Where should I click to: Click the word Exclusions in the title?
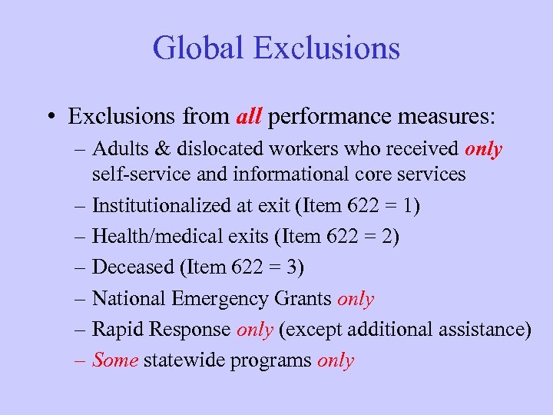tap(326, 48)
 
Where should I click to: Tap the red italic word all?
tap(249, 117)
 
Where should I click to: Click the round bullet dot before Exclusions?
tap(48, 118)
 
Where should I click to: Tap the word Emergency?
tap(224, 299)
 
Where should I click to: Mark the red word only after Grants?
tap(356, 299)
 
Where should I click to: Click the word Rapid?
tap(115, 330)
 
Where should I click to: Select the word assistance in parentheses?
tap(482, 330)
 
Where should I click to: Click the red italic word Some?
tap(115, 360)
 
